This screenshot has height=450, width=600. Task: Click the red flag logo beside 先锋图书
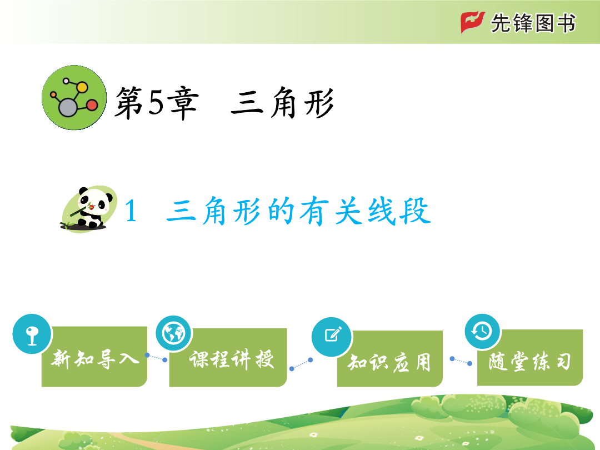[472, 22]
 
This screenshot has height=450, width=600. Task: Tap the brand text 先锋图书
[533, 23]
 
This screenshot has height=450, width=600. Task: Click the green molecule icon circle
[74, 98]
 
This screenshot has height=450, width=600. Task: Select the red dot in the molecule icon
[92, 105]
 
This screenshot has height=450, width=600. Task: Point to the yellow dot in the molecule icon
[82, 87]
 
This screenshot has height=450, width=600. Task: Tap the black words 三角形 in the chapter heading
[282, 102]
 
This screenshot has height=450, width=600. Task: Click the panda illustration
[89, 209]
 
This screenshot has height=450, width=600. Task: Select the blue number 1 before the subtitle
[131, 211]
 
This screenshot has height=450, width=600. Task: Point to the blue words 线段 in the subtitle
[399, 211]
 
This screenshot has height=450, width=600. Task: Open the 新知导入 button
[94, 357]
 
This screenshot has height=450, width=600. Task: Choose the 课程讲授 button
[228, 357]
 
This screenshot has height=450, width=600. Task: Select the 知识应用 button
[390, 359]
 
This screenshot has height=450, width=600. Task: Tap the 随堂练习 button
[530, 357]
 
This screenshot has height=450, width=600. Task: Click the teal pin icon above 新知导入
[32, 334]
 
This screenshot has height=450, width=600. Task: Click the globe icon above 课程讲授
[174, 334]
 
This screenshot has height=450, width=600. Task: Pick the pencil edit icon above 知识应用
[332, 337]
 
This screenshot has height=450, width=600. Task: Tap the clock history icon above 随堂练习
[483, 331]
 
